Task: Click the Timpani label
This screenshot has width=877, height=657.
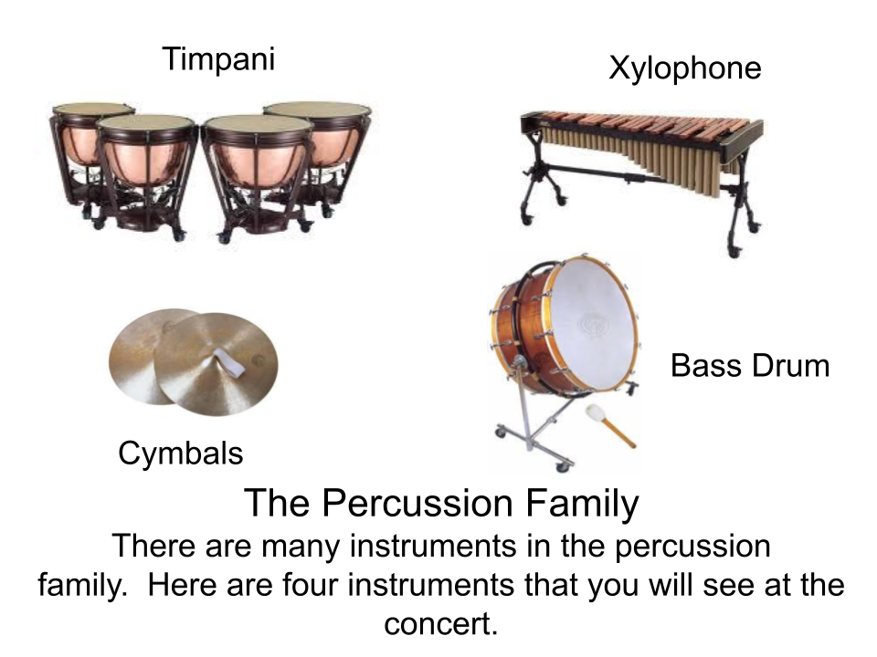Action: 218,58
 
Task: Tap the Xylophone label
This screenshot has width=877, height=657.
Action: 685,68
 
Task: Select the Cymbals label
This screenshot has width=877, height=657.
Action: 181,453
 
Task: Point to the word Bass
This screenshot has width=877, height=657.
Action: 706,366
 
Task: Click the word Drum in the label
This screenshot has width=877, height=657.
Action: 790,366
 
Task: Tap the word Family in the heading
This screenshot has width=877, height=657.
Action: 582,504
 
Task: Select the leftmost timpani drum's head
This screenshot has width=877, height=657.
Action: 92,108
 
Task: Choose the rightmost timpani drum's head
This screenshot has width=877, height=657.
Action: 317,109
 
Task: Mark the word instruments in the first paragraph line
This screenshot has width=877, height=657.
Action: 433,546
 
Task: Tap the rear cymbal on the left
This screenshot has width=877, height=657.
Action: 146,355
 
